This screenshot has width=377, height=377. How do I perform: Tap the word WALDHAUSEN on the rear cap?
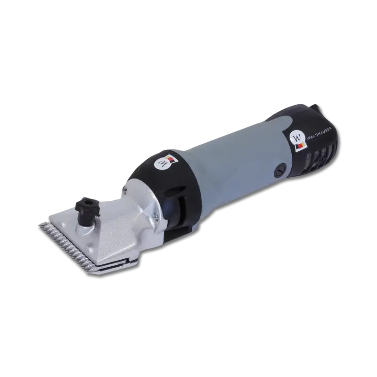point(319,133)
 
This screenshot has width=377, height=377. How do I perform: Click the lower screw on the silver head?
point(156,217)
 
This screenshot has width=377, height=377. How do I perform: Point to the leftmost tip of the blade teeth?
point(39,225)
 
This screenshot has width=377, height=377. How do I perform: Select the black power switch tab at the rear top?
point(315,107)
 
